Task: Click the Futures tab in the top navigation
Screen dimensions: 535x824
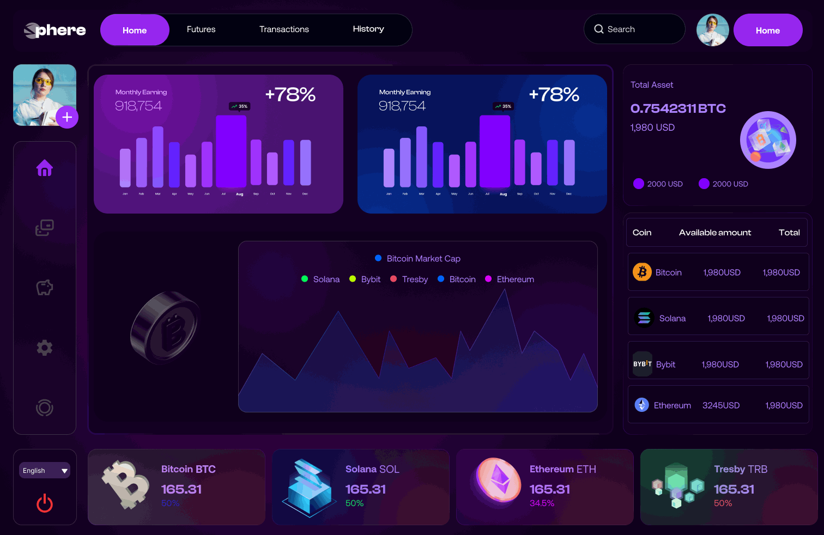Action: pos(201,29)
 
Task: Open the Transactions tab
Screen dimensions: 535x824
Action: pos(284,29)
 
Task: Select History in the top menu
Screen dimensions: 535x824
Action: pos(368,29)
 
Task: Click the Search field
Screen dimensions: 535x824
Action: pos(634,29)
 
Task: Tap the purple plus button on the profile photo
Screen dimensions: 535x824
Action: pos(67,117)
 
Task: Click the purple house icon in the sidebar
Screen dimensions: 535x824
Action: pos(45,168)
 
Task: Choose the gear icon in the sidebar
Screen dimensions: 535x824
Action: pos(45,348)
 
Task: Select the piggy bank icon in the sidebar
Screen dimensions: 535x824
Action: pos(45,288)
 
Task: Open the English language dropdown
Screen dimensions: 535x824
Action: pos(45,471)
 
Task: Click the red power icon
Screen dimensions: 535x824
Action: pos(45,503)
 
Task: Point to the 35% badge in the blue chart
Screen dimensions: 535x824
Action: pos(503,106)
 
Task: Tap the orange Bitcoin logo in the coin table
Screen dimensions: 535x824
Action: pos(642,272)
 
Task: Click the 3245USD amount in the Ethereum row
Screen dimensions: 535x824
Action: pos(721,405)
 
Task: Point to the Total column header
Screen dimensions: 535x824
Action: pos(789,233)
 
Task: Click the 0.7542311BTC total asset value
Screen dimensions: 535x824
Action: pos(678,108)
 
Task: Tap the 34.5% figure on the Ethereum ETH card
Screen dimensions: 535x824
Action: pos(542,503)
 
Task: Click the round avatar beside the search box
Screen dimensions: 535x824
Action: pos(713,30)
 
